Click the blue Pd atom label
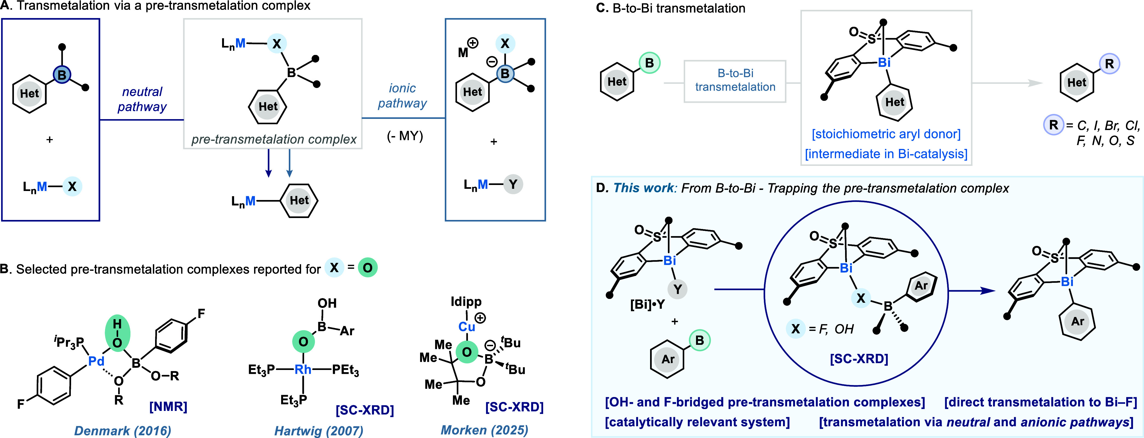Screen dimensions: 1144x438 tap(96, 361)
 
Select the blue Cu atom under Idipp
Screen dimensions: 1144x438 tap(467, 327)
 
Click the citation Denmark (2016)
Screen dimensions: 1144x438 tap(123, 430)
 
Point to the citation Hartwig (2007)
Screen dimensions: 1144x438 tap(319, 430)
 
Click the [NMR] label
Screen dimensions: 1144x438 tap(168, 407)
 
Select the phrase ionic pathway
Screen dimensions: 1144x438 tap(402, 95)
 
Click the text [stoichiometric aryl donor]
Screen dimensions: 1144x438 tap(886, 134)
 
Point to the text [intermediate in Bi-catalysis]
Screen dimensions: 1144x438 tap(886, 154)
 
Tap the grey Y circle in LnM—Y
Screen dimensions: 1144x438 tap(513, 184)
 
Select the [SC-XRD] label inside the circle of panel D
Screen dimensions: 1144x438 tap(859, 358)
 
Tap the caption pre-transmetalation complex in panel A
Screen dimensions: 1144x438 tap(274, 139)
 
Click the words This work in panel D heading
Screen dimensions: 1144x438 tap(644, 188)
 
